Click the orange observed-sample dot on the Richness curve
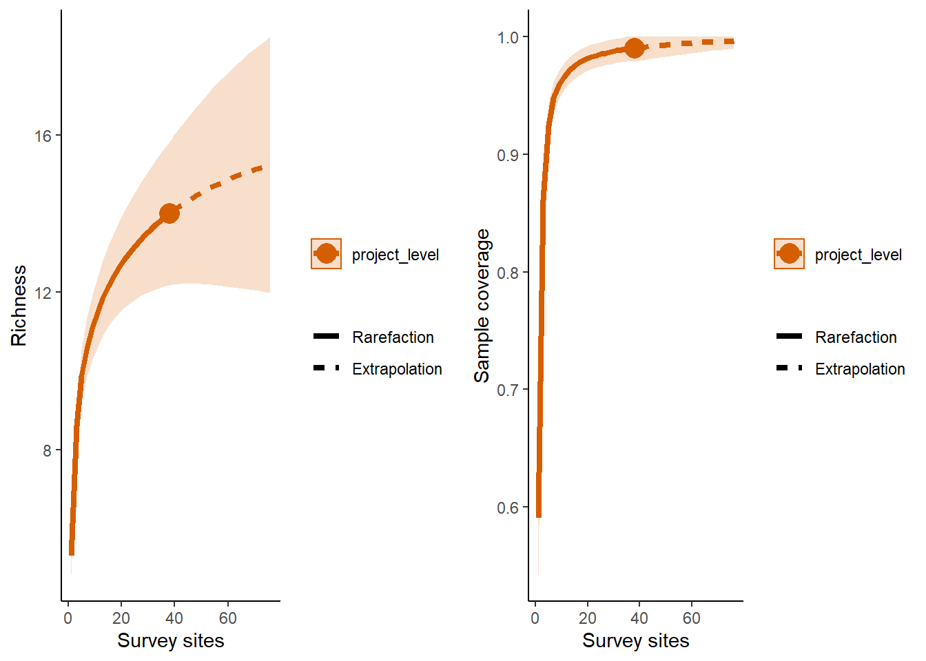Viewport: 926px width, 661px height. coord(169,213)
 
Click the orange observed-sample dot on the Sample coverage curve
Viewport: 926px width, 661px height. coord(635,48)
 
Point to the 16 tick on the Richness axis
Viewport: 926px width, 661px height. coord(43,136)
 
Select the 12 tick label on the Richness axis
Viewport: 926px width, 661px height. coord(43,293)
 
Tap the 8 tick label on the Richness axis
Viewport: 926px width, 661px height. coord(47,451)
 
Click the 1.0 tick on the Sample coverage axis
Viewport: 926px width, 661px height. coord(508,37)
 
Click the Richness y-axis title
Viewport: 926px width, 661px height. coord(19,306)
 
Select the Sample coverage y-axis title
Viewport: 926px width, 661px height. coord(482,306)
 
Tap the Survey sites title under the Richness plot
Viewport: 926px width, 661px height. coord(171,641)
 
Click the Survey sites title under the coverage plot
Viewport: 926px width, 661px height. coord(636,641)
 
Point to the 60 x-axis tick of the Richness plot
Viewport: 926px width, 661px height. coord(228,618)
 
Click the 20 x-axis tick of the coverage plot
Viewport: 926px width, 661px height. coord(588,618)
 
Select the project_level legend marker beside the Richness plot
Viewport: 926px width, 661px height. coord(326,254)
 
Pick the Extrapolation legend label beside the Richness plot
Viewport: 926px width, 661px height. coord(397,369)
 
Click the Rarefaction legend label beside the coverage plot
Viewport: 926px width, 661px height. coord(856,337)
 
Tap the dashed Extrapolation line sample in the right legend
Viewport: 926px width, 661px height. coord(789,368)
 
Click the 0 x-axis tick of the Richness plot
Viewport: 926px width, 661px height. coord(68,618)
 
